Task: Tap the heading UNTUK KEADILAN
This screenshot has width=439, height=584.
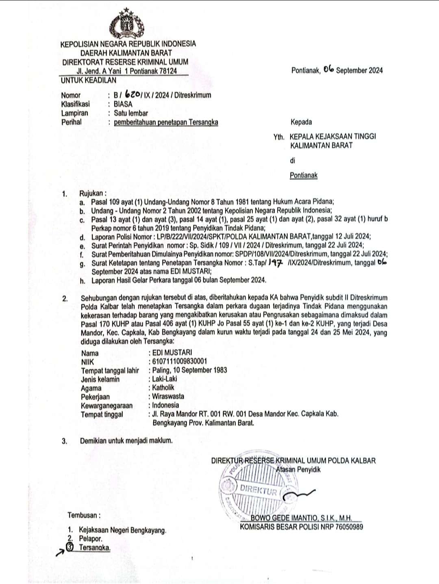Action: pyautogui.click(x=88, y=80)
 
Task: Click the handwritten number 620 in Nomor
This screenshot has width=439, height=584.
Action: pyautogui.click(x=131, y=95)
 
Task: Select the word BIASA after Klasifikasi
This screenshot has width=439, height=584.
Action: pyautogui.click(x=123, y=104)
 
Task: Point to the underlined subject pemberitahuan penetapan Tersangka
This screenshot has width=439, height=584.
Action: pyautogui.click(x=166, y=122)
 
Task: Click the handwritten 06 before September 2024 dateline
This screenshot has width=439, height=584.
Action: pyautogui.click(x=328, y=70)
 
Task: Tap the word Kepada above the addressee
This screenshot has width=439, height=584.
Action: pyautogui.click(x=301, y=122)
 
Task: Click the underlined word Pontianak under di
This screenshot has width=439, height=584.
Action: pyautogui.click(x=303, y=176)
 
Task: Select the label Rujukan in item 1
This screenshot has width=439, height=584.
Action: pyautogui.click(x=93, y=193)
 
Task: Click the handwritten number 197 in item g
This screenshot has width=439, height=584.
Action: pyautogui.click(x=276, y=263)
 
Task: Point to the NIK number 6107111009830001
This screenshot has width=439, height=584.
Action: pyautogui.click(x=179, y=361)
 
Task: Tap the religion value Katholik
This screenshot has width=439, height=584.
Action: pyautogui.click(x=163, y=388)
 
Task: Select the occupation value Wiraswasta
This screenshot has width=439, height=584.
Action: pyautogui.click(x=168, y=396)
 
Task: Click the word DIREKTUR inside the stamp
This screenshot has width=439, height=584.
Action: pyautogui.click(x=258, y=490)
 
